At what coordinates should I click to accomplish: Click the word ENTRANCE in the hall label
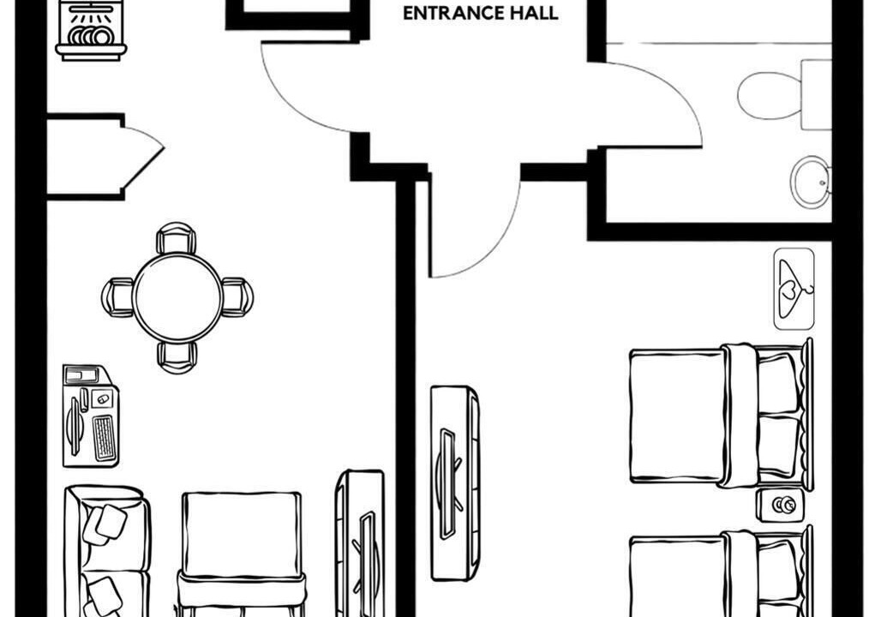click(451, 14)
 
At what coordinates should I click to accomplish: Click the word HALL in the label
click(531, 14)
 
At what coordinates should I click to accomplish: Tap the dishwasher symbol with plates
click(92, 30)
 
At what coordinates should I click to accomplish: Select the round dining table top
click(177, 298)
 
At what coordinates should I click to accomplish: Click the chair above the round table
click(177, 238)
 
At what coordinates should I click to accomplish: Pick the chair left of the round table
click(117, 297)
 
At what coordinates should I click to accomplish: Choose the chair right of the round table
click(237, 297)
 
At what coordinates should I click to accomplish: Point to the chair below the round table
click(177, 357)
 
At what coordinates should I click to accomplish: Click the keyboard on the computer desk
click(104, 438)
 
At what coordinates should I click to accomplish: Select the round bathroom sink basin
click(810, 182)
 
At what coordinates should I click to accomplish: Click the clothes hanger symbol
click(794, 289)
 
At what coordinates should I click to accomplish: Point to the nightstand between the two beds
click(781, 505)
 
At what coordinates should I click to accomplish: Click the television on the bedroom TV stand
click(448, 483)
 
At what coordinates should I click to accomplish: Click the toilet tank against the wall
click(817, 95)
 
